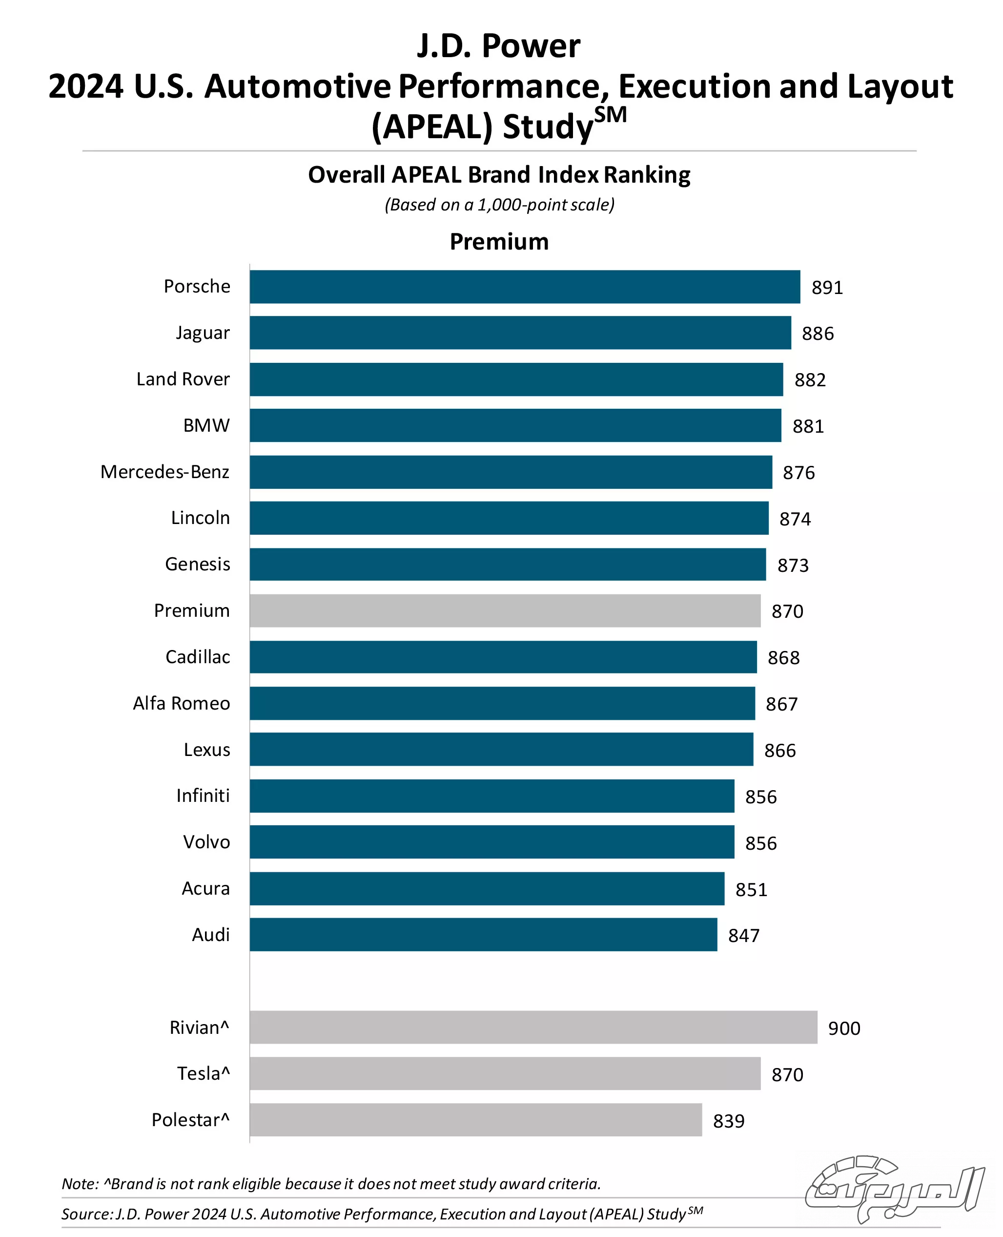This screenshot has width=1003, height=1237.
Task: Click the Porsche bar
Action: point(525,287)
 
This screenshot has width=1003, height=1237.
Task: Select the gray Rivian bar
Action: point(533,1027)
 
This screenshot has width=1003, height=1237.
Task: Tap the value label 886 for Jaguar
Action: point(818,334)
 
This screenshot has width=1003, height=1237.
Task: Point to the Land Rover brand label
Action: point(183,379)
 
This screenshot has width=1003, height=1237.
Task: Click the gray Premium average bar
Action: point(505,611)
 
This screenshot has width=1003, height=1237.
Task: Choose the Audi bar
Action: point(483,935)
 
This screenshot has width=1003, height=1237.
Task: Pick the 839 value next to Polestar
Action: point(729,1121)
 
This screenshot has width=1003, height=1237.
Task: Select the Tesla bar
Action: point(505,1073)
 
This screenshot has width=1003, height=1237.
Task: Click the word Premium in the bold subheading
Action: point(499,242)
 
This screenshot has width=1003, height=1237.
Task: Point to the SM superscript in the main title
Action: point(610,115)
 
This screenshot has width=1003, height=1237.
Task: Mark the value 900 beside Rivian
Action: point(844,1028)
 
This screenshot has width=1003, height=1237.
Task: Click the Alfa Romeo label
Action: point(182,703)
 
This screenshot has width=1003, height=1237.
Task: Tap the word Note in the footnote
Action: point(80,1184)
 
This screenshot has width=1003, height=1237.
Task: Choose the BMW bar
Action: point(515,425)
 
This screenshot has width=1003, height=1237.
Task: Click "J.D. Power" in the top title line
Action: point(499,46)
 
